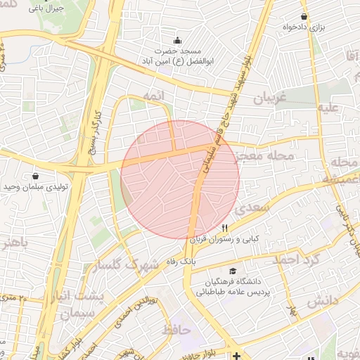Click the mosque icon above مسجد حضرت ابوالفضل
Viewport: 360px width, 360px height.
176,40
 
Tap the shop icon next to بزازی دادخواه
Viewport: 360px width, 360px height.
304,16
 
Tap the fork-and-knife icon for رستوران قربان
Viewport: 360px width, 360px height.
225,227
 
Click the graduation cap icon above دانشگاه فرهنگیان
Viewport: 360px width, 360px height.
232,271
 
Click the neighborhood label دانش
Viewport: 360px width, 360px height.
322,300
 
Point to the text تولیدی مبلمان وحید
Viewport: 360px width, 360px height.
34,187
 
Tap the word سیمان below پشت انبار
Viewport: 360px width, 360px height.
77,314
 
